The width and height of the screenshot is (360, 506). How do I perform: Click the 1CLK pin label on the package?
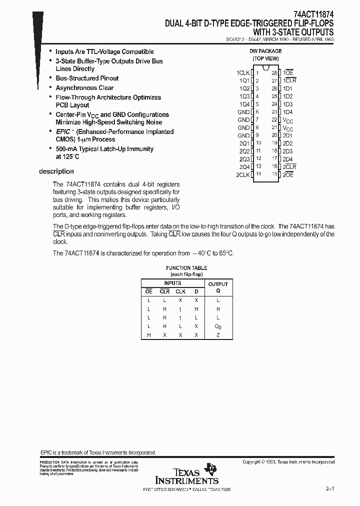coord(242,73)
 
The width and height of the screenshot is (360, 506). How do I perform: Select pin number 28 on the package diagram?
coord(274,73)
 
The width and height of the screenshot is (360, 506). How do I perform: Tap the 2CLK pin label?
coord(242,174)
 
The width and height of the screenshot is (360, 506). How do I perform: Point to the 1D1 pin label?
coord(287,88)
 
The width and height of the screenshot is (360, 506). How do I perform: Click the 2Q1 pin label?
coord(244,143)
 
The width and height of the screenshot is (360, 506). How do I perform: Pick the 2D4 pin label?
coord(287,159)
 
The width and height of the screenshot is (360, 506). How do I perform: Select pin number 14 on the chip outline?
coord(258,174)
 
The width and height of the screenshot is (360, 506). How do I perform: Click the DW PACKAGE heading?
coord(265,51)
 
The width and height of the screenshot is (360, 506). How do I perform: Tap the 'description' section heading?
coord(56,171)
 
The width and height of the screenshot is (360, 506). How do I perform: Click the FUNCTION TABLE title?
coord(186,268)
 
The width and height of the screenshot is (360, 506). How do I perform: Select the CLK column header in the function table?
coord(180,291)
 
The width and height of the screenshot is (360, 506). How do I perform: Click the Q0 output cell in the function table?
coord(217,326)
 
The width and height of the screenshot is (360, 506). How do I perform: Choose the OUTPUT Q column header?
coord(217,287)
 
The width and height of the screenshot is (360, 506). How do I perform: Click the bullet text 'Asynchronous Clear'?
coord(84,88)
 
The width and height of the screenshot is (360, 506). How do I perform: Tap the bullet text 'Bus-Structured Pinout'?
coord(87,78)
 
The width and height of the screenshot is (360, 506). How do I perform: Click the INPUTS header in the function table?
coord(172,283)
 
